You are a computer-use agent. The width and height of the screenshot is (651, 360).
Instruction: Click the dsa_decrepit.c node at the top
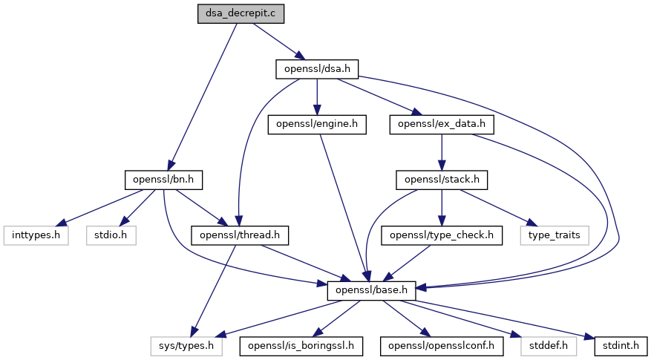pyautogui.click(x=241, y=14)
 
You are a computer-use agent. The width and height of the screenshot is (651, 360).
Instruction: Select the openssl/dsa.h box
pyautogui.click(x=317, y=70)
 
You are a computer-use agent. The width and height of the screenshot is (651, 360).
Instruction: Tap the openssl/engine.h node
pyautogui.click(x=317, y=125)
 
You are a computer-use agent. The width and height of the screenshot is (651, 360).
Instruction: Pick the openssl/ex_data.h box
pyautogui.click(x=442, y=125)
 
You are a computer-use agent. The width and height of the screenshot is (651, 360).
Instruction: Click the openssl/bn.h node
pyautogui.click(x=163, y=180)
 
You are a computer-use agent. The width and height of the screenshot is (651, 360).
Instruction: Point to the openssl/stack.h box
pyautogui.click(x=442, y=180)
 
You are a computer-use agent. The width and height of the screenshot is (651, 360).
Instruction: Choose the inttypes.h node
pyautogui.click(x=36, y=235)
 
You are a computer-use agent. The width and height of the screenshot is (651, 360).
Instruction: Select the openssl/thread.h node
pyautogui.click(x=240, y=235)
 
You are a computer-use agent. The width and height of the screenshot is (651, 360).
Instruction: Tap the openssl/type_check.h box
pyautogui.click(x=442, y=235)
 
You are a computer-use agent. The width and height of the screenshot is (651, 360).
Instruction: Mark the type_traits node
pyautogui.click(x=558, y=235)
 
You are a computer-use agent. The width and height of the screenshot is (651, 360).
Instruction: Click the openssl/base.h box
pyautogui.click(x=370, y=290)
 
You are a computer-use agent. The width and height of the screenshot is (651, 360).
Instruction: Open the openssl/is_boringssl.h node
pyautogui.click(x=301, y=345)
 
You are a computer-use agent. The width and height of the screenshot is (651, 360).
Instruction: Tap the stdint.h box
pyautogui.click(x=621, y=345)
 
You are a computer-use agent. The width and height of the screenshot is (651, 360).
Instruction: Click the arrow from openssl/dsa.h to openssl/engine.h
pyautogui.click(x=317, y=97)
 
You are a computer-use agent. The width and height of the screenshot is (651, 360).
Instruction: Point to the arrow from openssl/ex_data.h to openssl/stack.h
pyautogui.click(x=442, y=152)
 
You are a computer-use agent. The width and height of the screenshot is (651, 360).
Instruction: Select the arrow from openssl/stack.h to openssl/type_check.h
pyautogui.click(x=442, y=207)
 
